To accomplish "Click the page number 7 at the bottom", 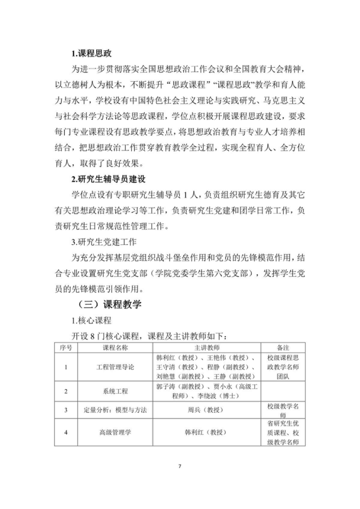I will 180,466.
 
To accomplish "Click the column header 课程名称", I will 116,347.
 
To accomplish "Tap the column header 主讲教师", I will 207,347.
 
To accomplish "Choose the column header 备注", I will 283,347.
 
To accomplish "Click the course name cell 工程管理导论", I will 116,367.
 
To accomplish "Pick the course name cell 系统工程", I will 116,391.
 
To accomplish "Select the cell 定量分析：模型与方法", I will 116,411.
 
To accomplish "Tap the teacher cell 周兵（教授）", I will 207,411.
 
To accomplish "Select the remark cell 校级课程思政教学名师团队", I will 283,367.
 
